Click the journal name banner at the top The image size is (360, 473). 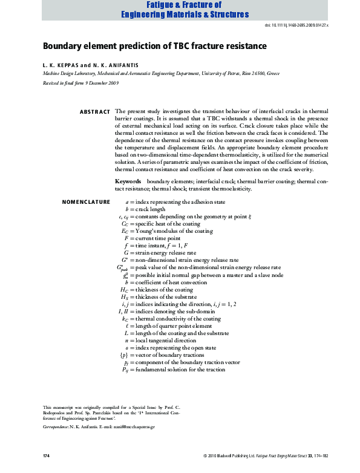180,9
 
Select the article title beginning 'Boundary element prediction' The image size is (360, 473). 154,46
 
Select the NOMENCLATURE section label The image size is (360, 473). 86,201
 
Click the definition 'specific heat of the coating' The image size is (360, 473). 169,223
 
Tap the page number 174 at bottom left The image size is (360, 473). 46,454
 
